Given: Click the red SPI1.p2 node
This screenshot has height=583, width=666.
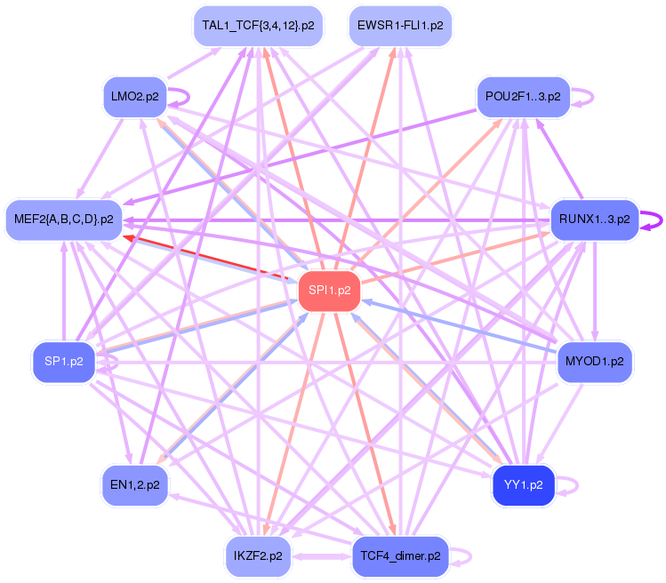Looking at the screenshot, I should tap(329, 291).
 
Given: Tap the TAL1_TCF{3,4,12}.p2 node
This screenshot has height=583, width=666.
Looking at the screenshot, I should tap(258, 26).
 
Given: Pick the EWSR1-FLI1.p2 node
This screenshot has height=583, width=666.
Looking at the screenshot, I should tap(400, 26).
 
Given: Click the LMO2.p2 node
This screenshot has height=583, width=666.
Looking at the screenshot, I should tap(135, 96).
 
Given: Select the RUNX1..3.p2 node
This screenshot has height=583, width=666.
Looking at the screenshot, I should tap(594, 219).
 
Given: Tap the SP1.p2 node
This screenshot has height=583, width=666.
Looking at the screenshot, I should tap(64, 362).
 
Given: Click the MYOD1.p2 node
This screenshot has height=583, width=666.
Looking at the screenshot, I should tap(594, 362).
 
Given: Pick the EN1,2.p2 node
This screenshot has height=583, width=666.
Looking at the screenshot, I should tap(135, 485).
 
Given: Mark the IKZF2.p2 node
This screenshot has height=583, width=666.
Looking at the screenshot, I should tap(258, 555).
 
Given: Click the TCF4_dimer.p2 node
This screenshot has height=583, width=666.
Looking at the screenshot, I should tap(400, 555).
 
